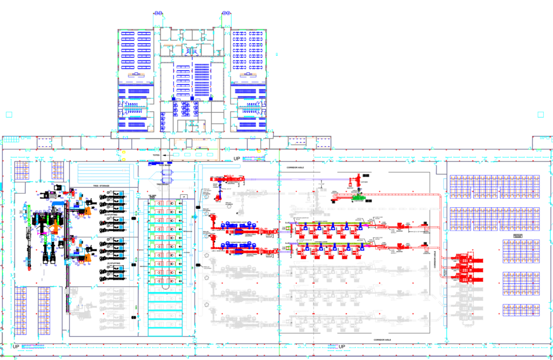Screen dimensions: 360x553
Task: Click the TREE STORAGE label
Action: pos(101,186)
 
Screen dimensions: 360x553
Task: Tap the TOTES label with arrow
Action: pos(157,155)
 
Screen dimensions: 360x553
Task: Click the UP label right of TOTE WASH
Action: pos(236,159)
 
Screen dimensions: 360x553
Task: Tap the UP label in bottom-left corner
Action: pos(16,346)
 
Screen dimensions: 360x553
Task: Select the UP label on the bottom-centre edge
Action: pos(342,347)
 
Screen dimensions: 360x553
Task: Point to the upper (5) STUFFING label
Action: pos(113,215)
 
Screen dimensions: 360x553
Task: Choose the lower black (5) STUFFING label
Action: pos(113,263)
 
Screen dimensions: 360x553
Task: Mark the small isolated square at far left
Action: pos(8,114)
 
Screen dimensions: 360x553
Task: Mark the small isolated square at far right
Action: pos(541,114)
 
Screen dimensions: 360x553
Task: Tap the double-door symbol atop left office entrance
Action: pos(159,12)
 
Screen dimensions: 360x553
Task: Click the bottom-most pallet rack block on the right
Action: pos(521,310)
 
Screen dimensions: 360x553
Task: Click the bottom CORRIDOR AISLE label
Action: pos(386,339)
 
